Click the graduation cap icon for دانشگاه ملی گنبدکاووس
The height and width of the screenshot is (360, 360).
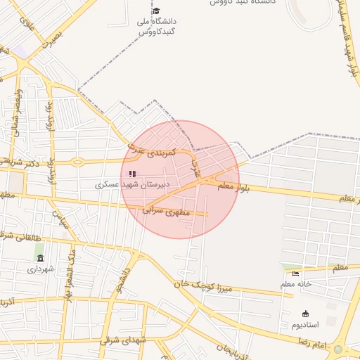155,11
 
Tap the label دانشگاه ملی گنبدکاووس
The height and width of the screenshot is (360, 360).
155,27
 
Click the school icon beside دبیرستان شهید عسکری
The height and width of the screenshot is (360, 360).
132,174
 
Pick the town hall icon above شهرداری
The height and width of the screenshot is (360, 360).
40,258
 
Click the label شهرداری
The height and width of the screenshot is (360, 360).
40,269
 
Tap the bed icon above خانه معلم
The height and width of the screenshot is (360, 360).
295,274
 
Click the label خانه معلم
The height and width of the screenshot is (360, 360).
295,284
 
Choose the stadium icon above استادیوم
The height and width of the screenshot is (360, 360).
305,314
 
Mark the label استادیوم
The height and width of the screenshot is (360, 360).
305,325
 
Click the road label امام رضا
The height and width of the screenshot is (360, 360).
311,342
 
